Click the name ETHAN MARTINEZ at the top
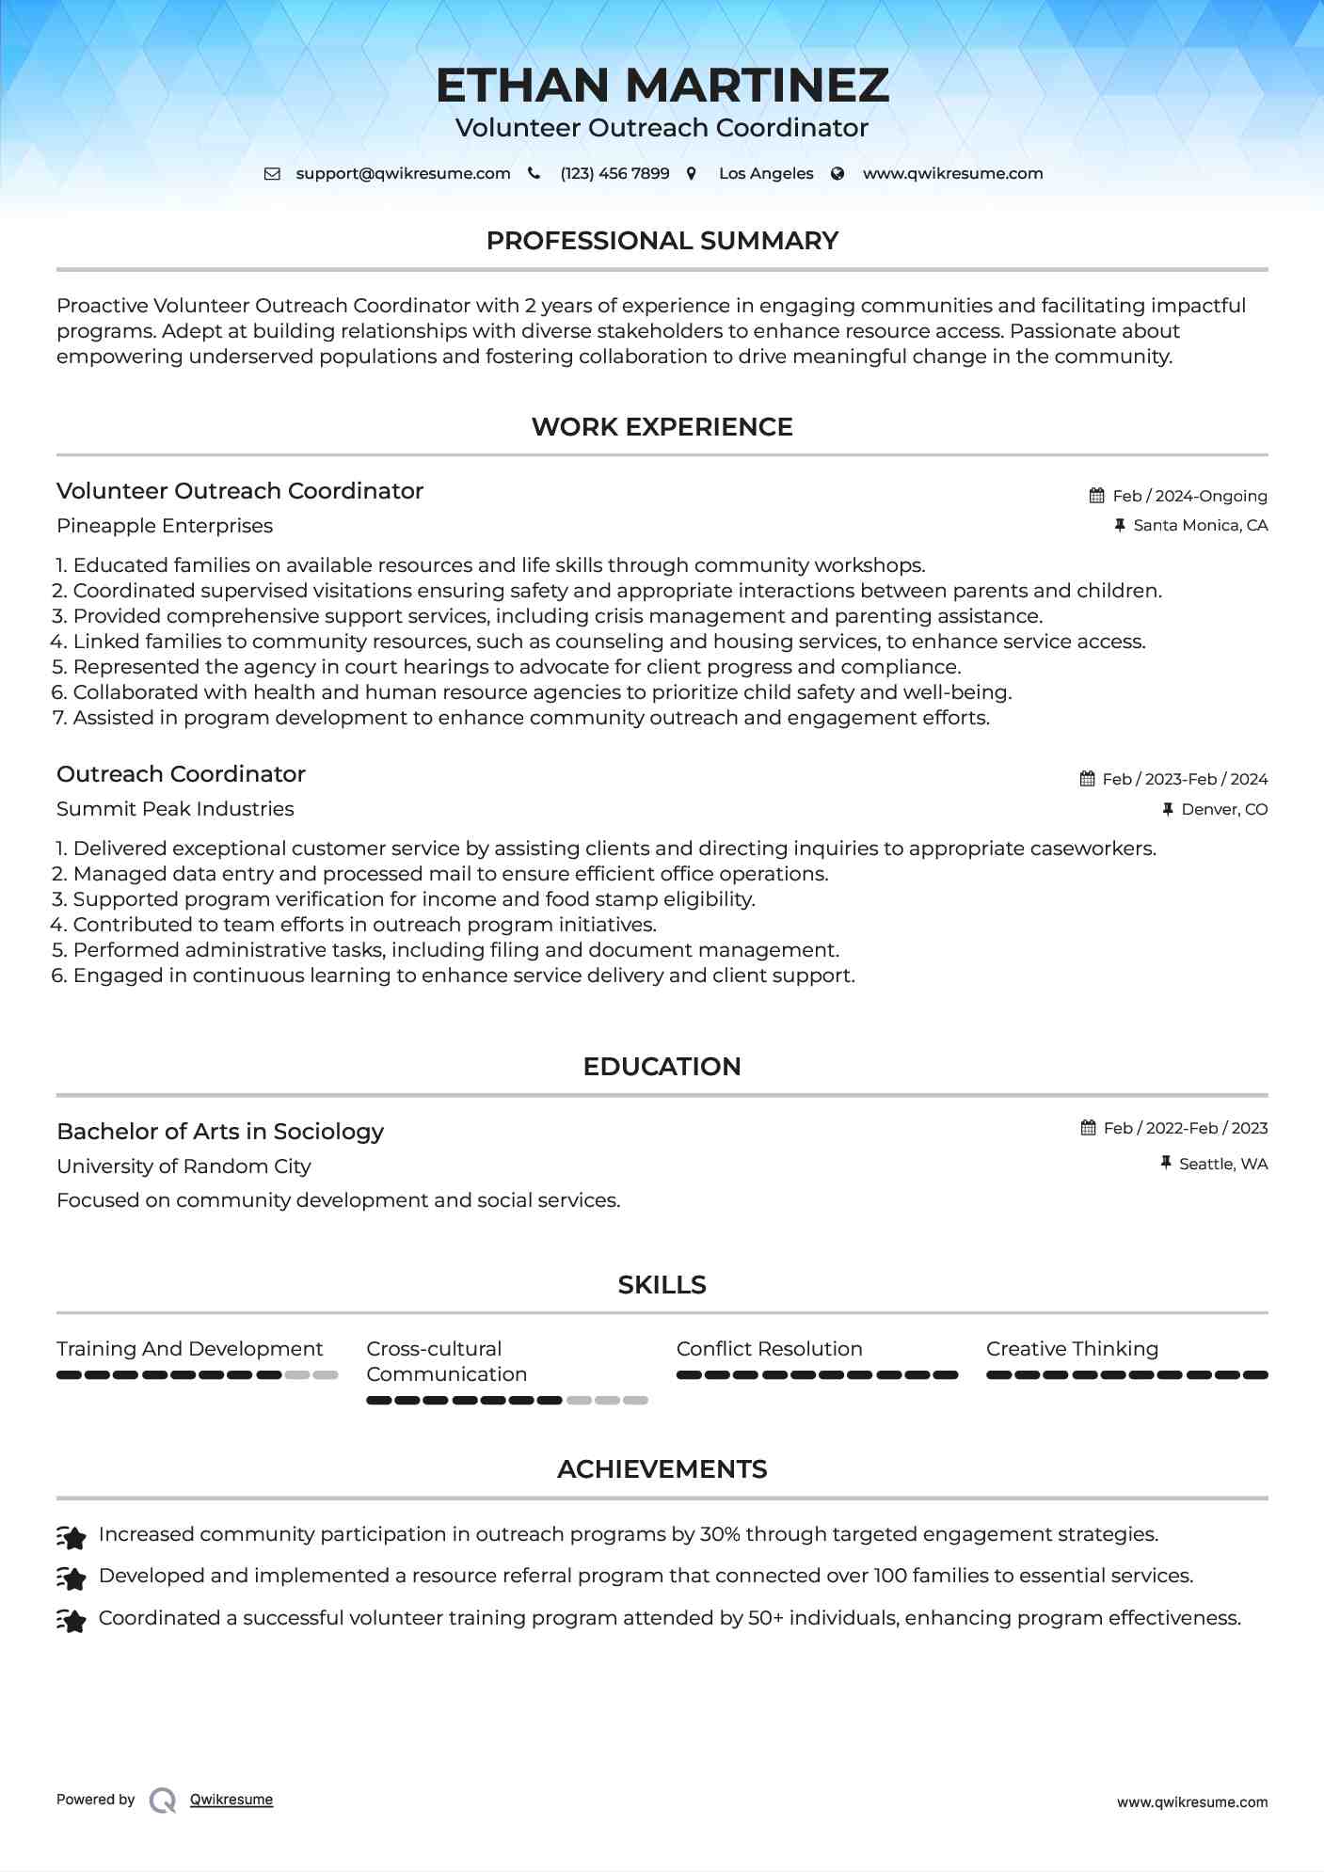point(662,86)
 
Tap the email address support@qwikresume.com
point(403,174)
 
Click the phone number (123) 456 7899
point(614,174)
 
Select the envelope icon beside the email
point(272,174)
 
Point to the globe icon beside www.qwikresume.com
point(837,174)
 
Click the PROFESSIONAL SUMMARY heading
point(662,241)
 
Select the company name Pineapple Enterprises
point(165,526)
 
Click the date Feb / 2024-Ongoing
point(1189,496)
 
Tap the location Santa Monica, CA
point(1200,526)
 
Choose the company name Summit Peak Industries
point(175,809)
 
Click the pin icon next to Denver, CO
point(1168,809)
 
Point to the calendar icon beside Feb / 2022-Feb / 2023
point(1089,1128)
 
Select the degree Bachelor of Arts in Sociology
point(220,1132)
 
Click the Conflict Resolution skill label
point(769,1349)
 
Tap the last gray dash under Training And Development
point(326,1375)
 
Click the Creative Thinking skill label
point(1072,1349)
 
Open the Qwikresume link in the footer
point(231,1800)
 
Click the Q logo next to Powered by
point(163,1801)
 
